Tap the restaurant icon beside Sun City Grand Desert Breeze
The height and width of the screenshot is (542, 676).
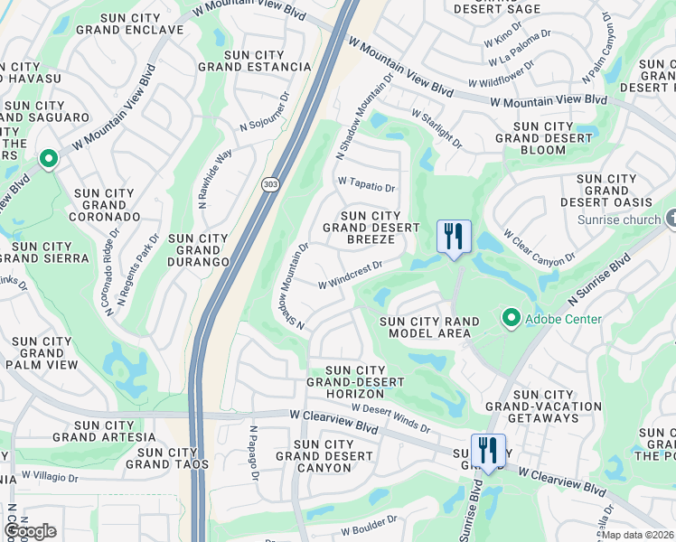tap(454, 238)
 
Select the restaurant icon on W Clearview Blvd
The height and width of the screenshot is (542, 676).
tap(487, 451)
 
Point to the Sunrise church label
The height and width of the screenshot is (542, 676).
tap(624, 220)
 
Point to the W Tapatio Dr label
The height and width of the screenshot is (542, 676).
tap(366, 184)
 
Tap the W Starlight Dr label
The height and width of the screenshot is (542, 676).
tap(437, 129)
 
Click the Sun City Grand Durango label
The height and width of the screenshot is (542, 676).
tap(198, 250)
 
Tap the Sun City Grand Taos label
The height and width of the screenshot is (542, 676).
tap(167, 458)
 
